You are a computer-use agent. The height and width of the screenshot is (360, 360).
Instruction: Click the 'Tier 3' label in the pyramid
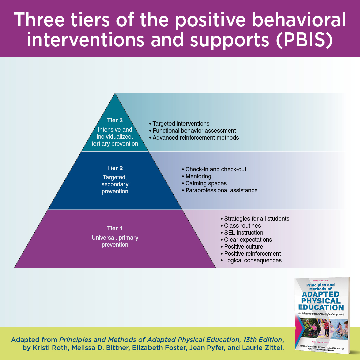click(x=115, y=121)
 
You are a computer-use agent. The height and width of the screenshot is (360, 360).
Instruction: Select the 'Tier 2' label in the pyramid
click(x=115, y=168)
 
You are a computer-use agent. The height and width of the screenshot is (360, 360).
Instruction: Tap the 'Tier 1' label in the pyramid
click(x=115, y=228)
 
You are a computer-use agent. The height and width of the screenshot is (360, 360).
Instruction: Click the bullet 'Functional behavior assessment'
click(x=194, y=131)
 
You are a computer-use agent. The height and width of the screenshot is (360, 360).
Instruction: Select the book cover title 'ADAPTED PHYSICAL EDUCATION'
click(x=320, y=301)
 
